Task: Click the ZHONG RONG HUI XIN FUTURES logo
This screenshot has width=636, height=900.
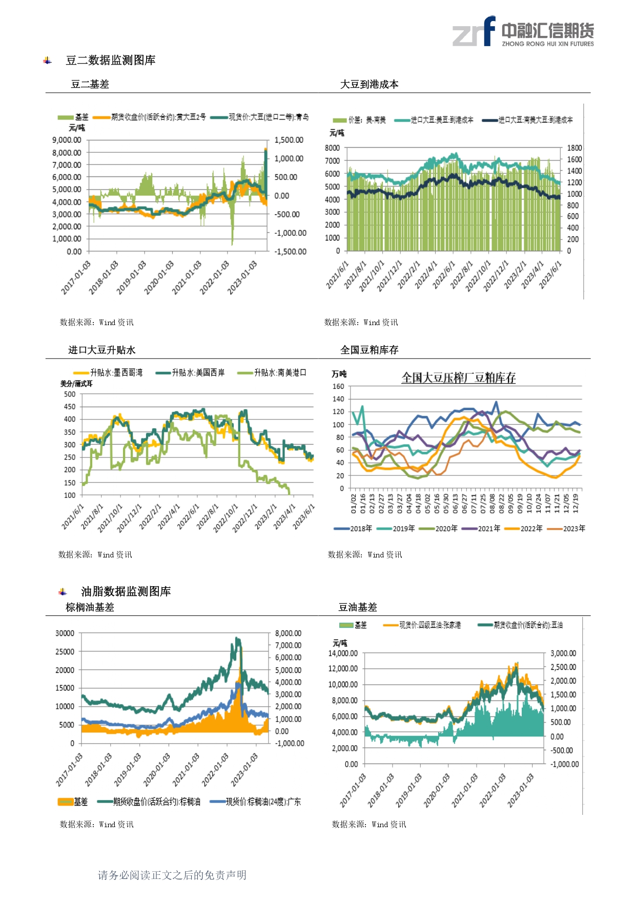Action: point(523,32)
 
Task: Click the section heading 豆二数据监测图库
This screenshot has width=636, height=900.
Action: point(110,61)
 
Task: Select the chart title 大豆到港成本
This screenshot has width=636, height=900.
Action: point(369,85)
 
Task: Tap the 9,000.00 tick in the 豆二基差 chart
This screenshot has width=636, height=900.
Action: point(67,140)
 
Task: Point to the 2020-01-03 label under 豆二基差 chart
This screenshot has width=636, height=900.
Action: point(159,277)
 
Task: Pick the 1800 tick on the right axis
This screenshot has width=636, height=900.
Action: point(574,148)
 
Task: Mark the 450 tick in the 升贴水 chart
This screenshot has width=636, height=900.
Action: point(70,407)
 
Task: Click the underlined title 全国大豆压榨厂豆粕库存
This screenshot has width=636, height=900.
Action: point(458,378)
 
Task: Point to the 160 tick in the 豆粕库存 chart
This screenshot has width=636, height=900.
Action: point(338,387)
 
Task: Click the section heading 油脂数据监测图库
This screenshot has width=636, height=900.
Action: point(126,592)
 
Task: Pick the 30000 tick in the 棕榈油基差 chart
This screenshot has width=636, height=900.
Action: point(65,633)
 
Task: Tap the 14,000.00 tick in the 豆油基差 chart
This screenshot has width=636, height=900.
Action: point(343,653)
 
